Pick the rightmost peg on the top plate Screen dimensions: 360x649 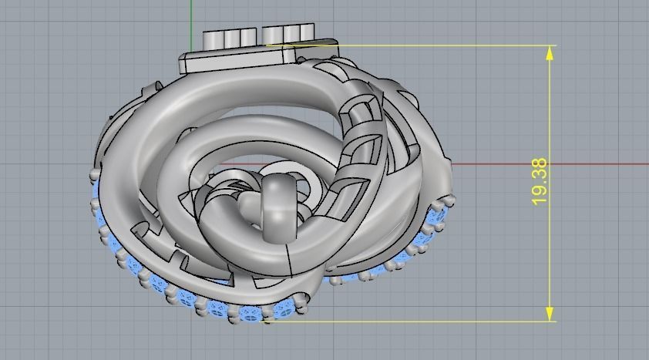(308, 35)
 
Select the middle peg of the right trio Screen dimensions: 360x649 (291, 35)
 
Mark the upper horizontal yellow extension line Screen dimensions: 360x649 (432, 45)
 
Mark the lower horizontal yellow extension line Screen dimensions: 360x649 (416, 321)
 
